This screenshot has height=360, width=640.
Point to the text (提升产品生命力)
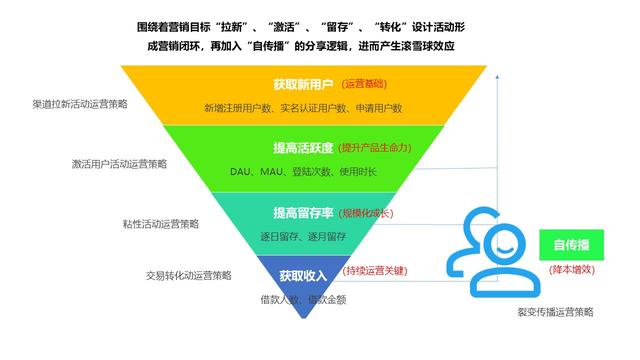[375, 148]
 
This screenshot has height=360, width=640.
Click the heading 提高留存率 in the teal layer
[302, 213]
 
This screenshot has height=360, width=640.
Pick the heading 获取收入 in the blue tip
[302, 274]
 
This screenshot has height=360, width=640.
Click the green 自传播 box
[571, 245]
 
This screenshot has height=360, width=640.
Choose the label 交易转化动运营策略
[187, 275]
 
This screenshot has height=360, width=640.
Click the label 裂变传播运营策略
[548, 312]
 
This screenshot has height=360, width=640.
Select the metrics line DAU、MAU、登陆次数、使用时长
[303, 172]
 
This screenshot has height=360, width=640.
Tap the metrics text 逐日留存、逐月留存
[304, 236]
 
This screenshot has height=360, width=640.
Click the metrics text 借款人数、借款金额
[303, 298]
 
